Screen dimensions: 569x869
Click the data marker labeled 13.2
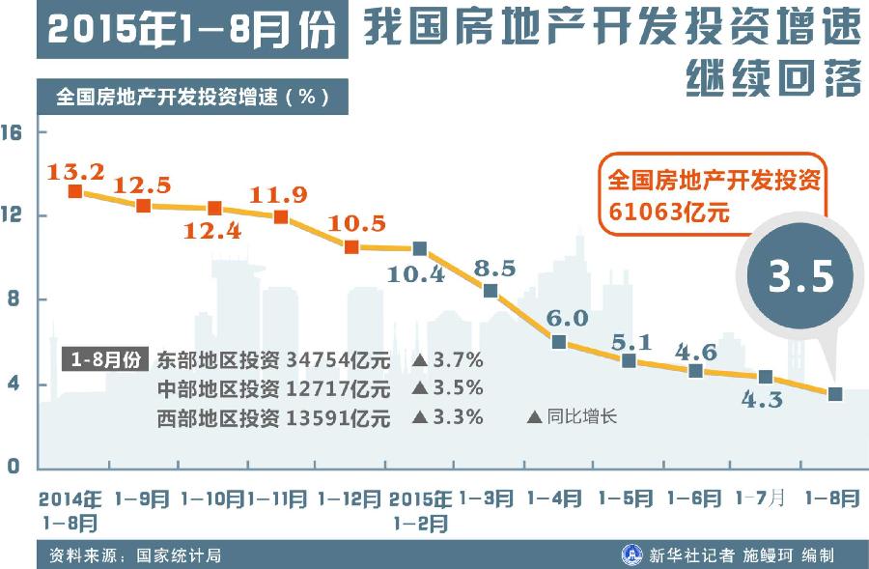coord(75,191)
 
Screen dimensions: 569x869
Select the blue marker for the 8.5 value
coord(491,291)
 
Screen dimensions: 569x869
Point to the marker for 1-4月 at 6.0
coord(559,341)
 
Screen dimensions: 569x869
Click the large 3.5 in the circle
coord(800,276)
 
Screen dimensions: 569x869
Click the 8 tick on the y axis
coord(14,300)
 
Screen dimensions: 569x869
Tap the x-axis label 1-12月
coord(349,499)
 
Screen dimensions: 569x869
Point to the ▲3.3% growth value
coord(448,418)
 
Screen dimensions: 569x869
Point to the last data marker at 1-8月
coord(835,393)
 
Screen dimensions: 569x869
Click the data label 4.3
coord(763,400)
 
